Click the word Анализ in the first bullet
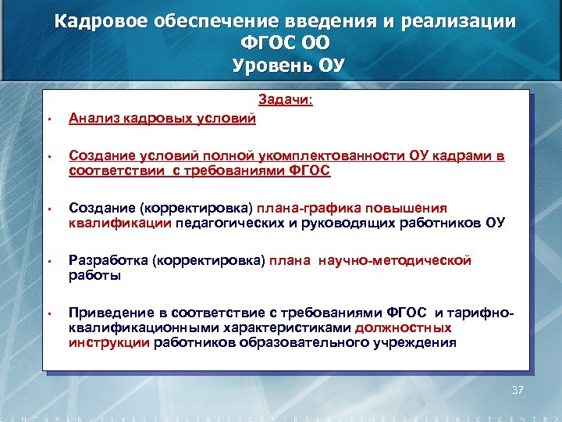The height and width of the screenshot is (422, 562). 91,119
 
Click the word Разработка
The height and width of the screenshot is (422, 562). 105,260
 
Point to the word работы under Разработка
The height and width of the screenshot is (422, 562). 94,275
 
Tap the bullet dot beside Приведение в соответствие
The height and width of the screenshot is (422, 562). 48,314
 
